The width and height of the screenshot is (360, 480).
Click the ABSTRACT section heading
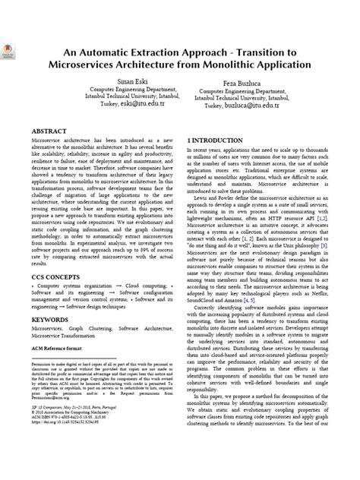tap(51, 131)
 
